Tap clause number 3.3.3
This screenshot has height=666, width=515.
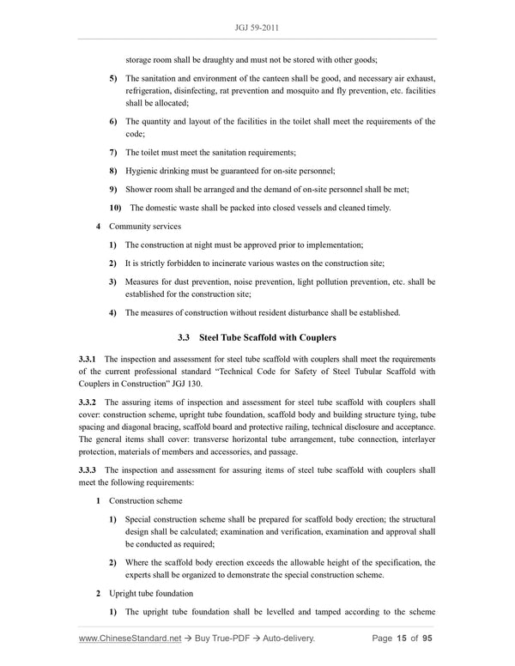(89, 470)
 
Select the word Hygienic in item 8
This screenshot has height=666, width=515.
(145, 171)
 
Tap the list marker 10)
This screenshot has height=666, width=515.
(115, 208)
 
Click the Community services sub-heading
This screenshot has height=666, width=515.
(143, 227)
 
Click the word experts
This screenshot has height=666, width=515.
(143, 575)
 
